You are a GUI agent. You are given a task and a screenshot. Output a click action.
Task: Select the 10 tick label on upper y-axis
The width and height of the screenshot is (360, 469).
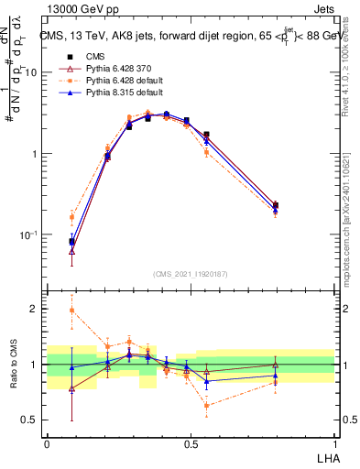[x=31, y=71]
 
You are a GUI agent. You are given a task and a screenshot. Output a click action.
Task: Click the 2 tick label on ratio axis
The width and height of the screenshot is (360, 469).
[x=36, y=309]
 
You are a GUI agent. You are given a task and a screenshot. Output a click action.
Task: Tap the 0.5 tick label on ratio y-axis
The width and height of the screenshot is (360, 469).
[x=31, y=420]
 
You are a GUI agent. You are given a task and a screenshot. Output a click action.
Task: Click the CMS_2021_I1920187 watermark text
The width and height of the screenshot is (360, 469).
[x=190, y=272]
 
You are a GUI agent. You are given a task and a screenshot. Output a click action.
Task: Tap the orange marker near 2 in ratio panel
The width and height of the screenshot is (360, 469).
[x=71, y=311]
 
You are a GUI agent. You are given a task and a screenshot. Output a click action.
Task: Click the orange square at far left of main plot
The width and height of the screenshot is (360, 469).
[x=71, y=217]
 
